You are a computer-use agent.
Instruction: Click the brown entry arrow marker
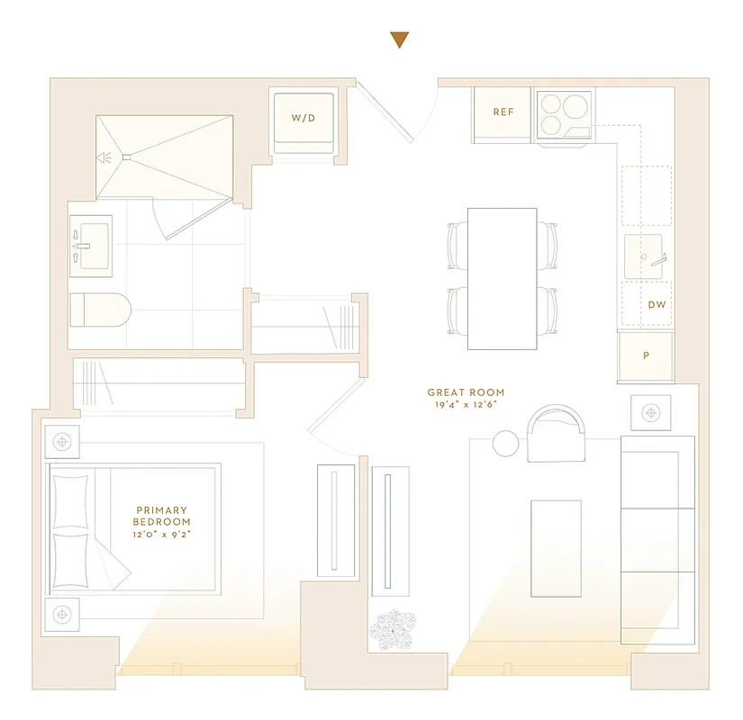tap(399, 40)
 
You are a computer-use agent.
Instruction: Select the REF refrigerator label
tap(503, 112)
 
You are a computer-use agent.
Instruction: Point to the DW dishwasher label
tap(657, 305)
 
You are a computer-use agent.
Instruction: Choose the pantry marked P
tap(646, 355)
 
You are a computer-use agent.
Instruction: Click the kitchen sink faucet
tap(655, 257)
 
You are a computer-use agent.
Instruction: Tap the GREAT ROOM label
tap(466, 392)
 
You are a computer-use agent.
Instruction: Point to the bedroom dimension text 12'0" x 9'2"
tap(162, 535)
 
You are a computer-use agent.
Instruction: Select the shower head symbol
tap(104, 157)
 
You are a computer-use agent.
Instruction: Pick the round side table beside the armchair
tap(506, 443)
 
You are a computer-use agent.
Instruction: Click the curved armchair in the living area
tap(556, 433)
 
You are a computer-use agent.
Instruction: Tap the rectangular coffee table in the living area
tap(556, 547)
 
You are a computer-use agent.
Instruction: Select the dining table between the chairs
tap(502, 278)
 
